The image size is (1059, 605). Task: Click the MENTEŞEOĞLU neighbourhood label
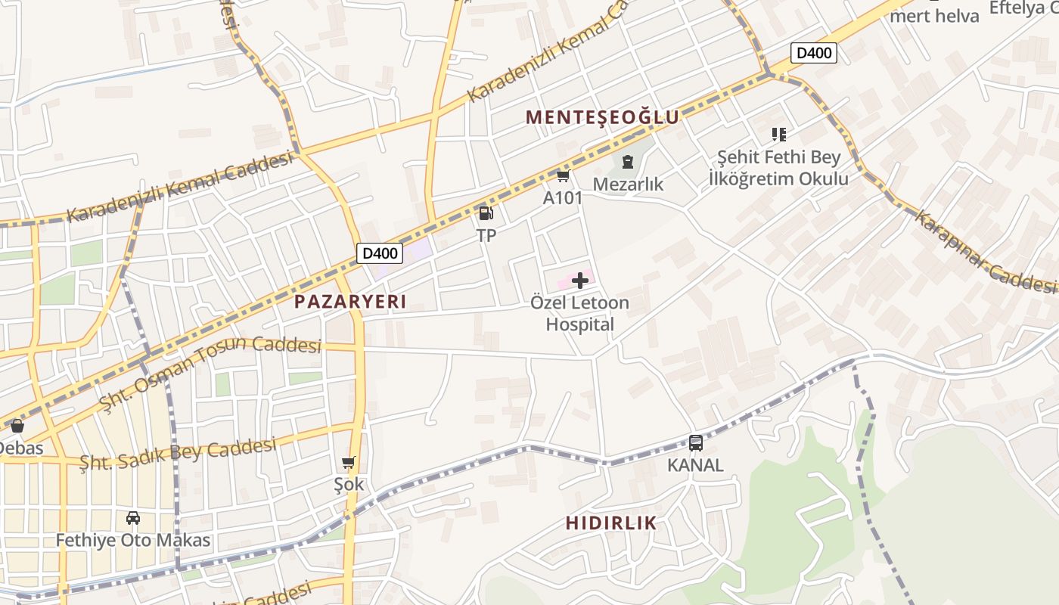tap(602, 117)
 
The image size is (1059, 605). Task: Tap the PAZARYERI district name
tap(350, 302)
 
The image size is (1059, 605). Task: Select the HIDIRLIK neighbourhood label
tap(611, 523)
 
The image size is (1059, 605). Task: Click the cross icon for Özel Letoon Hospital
tap(580, 281)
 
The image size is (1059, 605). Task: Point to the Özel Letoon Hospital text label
tap(579, 314)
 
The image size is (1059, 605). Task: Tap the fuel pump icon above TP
tap(486, 214)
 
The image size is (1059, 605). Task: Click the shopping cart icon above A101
tap(563, 176)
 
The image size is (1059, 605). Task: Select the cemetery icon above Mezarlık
tap(627, 161)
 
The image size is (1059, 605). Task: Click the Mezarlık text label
tap(628, 185)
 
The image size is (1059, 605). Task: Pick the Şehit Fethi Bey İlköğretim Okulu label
tap(778, 168)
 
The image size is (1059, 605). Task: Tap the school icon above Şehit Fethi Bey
tap(779, 135)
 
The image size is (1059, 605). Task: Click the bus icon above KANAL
tap(695, 443)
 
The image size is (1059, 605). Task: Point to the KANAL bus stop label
tap(695, 465)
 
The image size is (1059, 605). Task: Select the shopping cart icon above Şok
tap(349, 462)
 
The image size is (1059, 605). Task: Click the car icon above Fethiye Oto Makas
tap(133, 518)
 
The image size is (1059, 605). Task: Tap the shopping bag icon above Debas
tap(17, 427)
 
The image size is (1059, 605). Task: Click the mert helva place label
tap(934, 16)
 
